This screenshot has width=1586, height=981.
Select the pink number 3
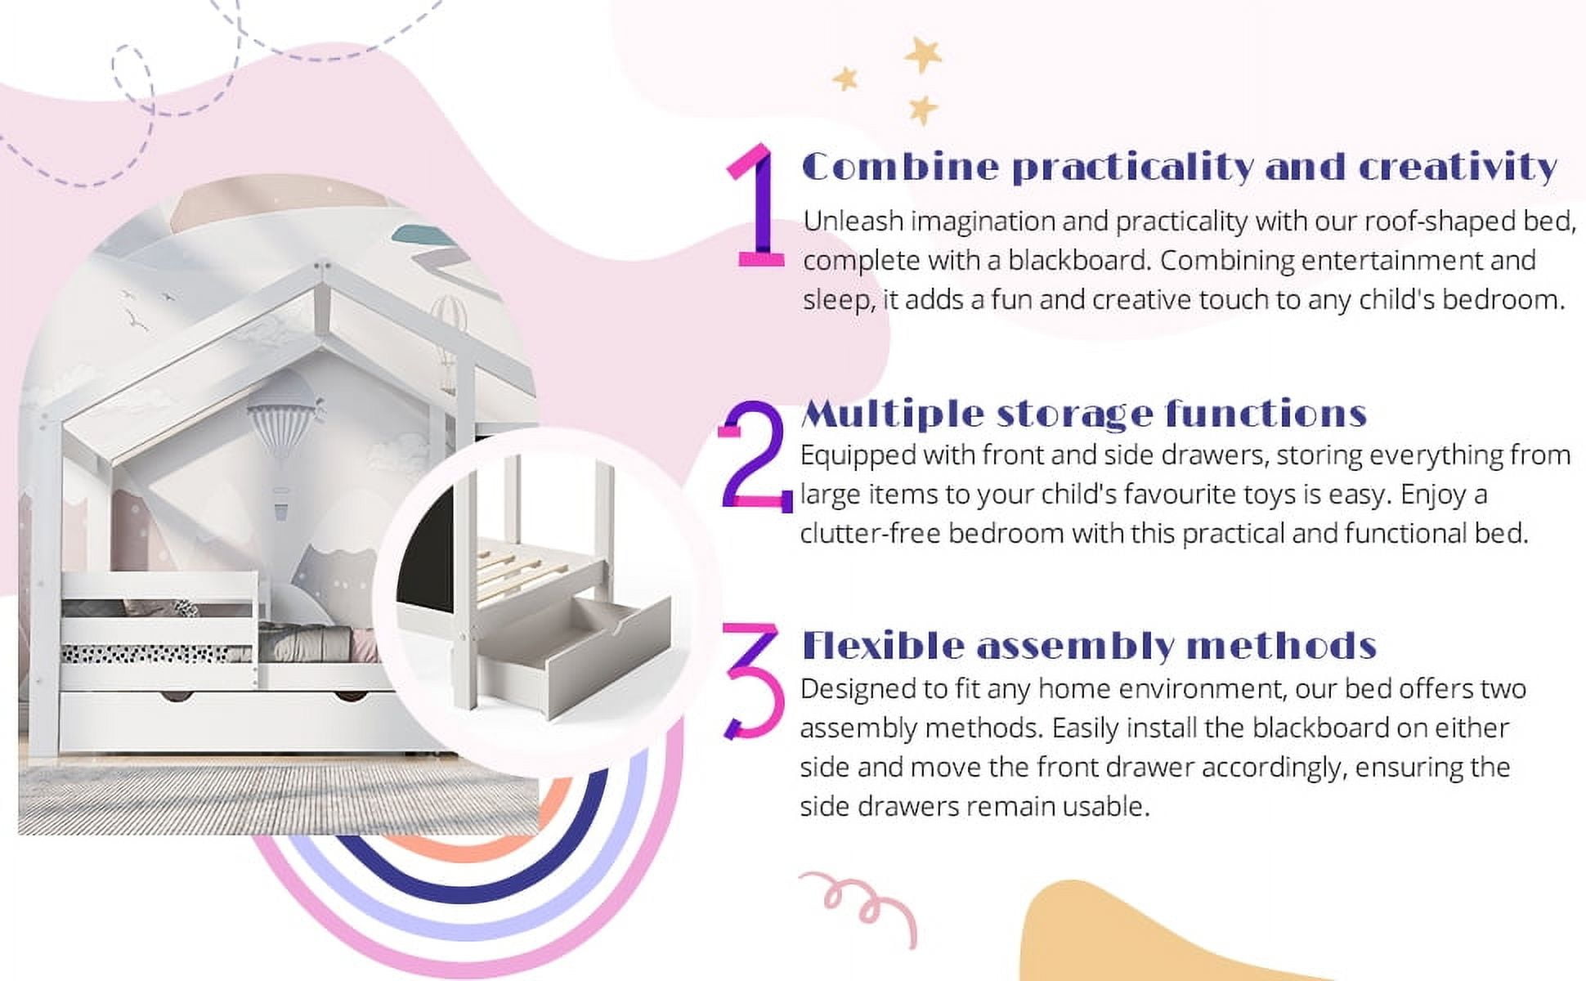[752, 680]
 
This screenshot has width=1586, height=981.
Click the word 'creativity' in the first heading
[1457, 168]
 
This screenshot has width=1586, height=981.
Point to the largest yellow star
[924, 54]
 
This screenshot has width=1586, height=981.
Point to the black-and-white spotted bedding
[147, 653]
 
